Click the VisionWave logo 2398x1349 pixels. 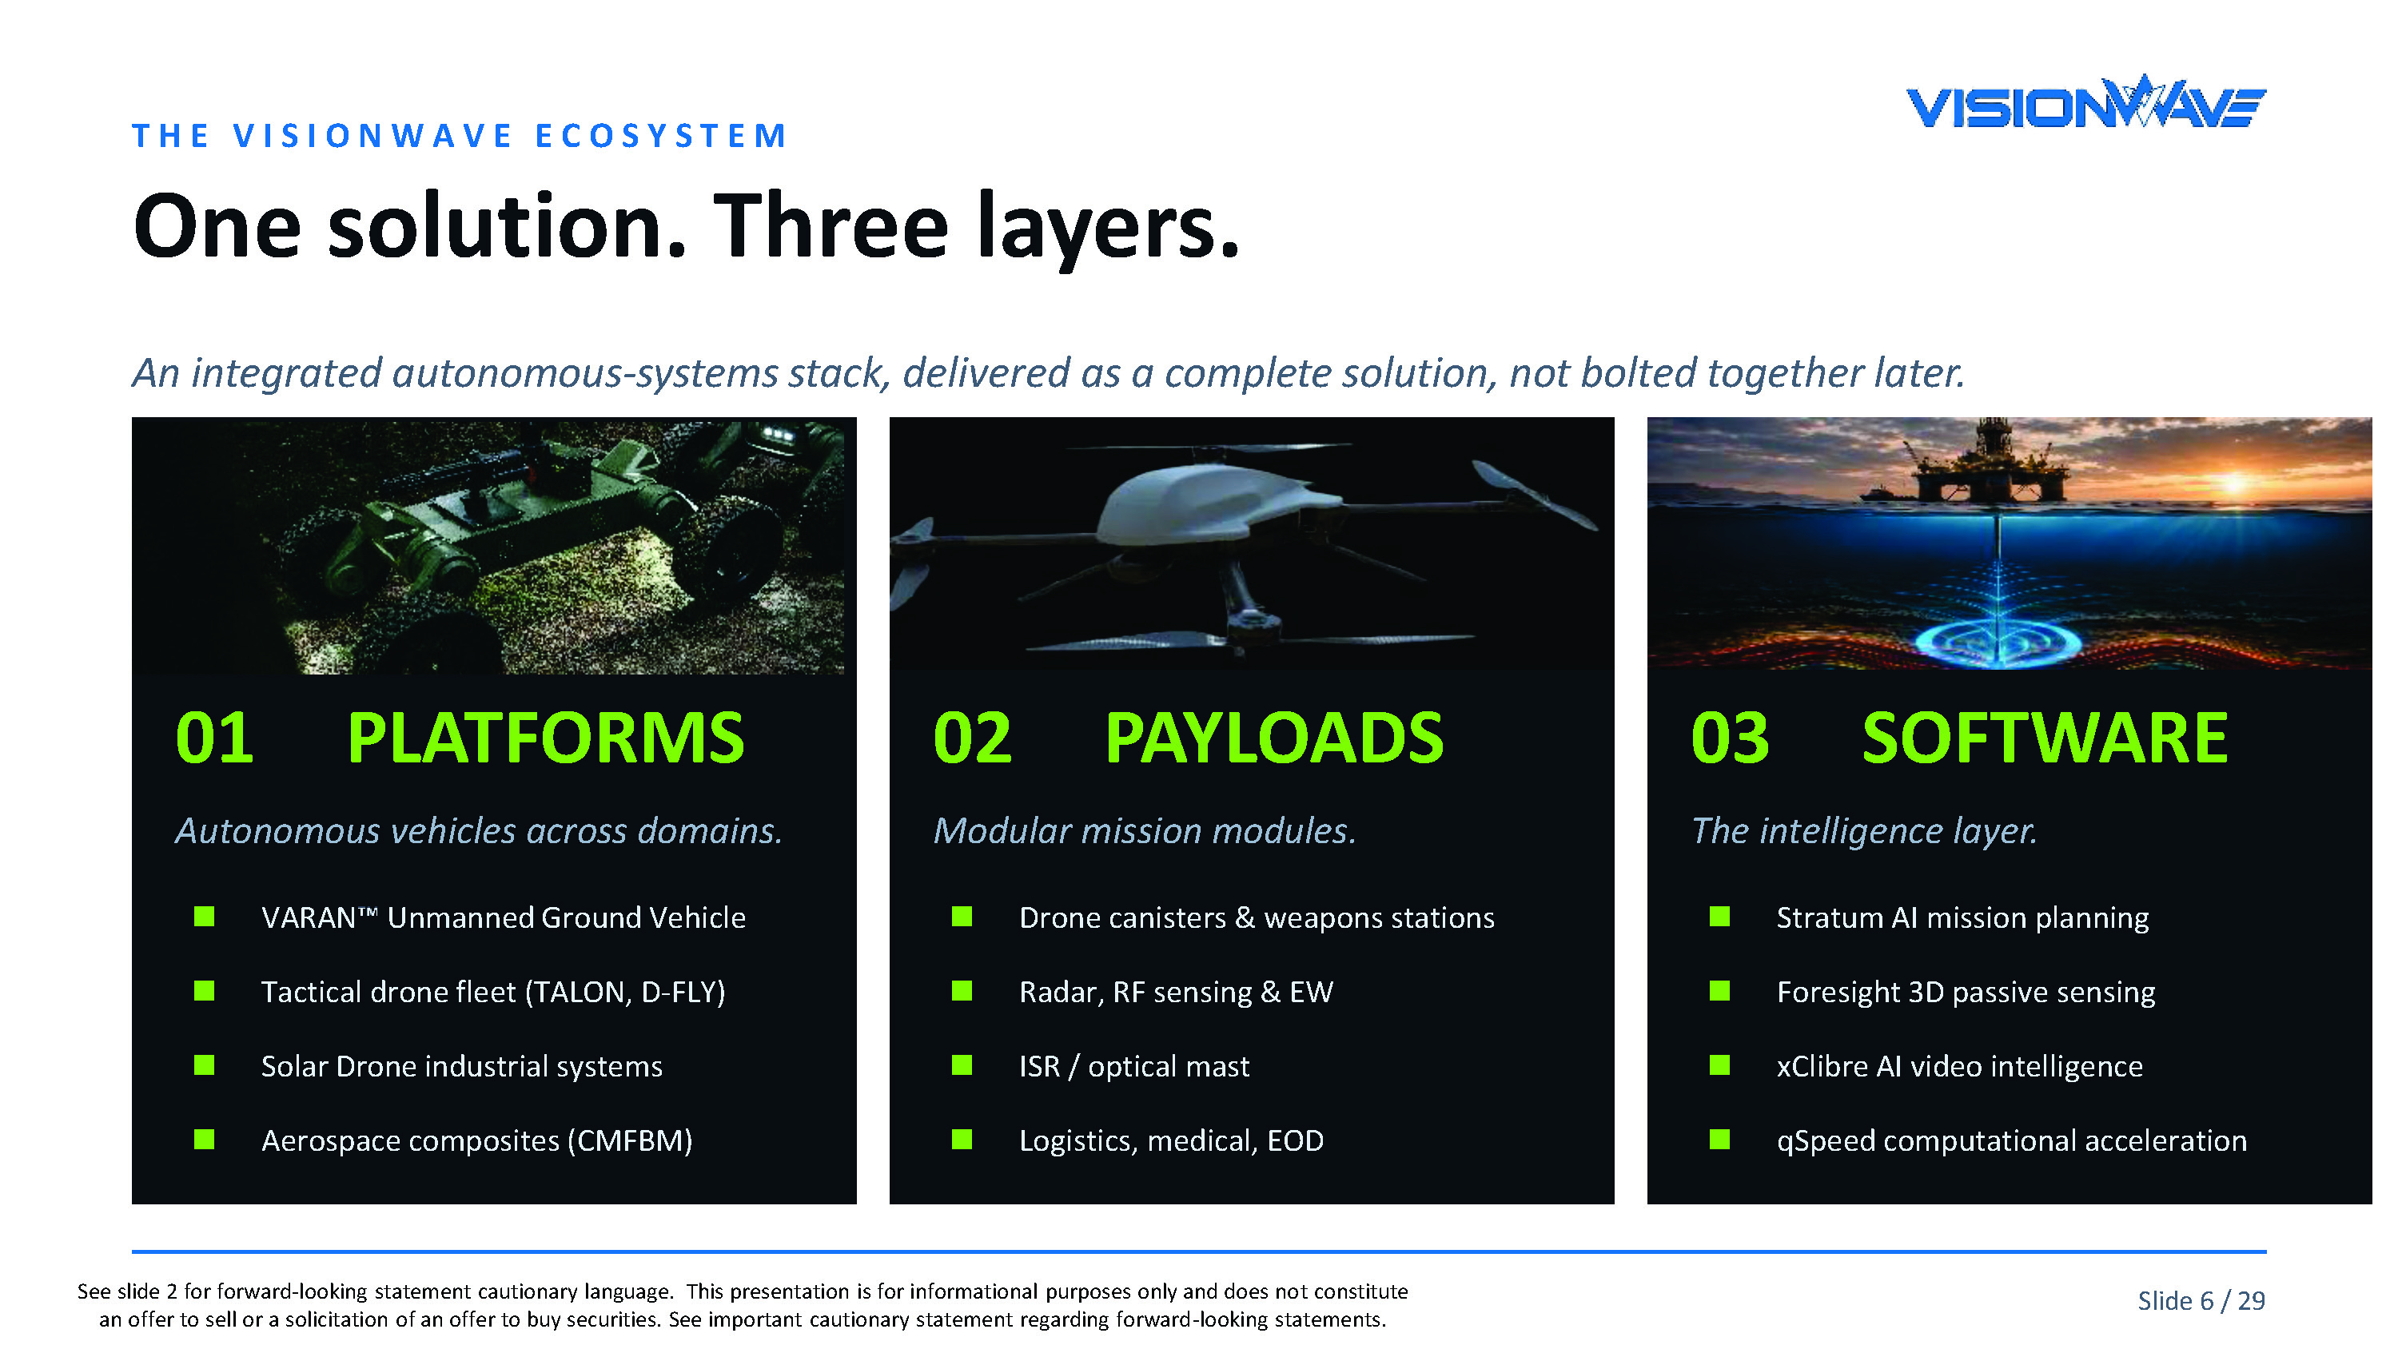[2085, 101]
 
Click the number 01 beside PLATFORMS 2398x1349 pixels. [214, 738]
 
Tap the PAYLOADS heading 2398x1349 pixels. [1273, 738]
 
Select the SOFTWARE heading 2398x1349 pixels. [2044, 738]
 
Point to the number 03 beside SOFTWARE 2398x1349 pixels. [1730, 738]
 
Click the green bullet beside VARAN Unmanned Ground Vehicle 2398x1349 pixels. [204, 916]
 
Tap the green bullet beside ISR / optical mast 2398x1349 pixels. [962, 1065]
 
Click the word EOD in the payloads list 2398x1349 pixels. [1295, 1140]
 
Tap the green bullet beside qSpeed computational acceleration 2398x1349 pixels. [1719, 1140]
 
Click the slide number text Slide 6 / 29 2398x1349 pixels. [2201, 1300]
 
